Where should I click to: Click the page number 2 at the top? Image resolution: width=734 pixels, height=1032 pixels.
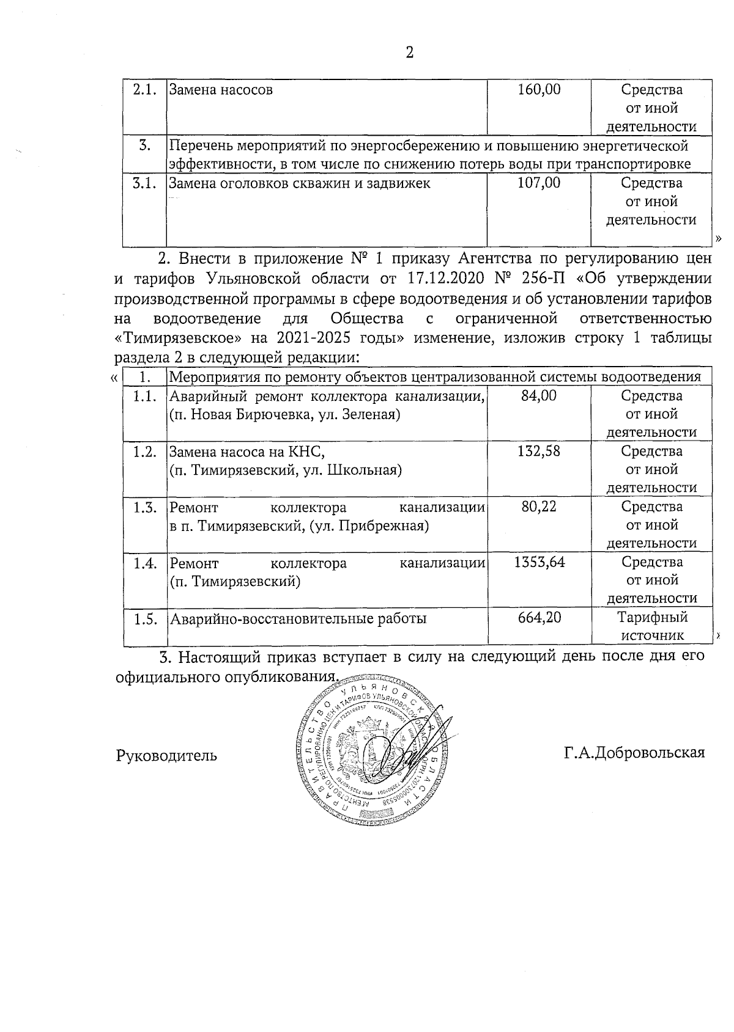(x=410, y=53)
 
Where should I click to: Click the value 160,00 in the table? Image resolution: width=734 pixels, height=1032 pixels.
(x=539, y=90)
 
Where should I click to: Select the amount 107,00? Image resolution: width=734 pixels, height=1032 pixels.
(x=539, y=183)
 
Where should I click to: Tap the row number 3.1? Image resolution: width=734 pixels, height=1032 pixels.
(x=145, y=183)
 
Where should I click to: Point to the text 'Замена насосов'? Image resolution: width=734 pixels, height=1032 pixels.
(x=221, y=90)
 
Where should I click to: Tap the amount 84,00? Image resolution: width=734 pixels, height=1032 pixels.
(x=539, y=396)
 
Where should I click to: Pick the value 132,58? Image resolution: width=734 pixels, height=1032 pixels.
(x=539, y=452)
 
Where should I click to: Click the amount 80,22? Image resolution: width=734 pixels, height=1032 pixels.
(x=539, y=507)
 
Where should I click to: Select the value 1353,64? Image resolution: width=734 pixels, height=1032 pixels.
(x=539, y=562)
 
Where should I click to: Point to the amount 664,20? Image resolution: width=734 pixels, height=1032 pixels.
(x=539, y=618)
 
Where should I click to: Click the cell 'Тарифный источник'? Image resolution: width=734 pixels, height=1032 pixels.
(x=652, y=626)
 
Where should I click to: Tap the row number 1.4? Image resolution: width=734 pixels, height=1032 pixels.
(x=145, y=563)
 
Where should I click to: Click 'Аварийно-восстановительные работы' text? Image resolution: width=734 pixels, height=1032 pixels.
(x=298, y=618)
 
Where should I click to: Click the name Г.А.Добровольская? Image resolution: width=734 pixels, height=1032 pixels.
(x=634, y=753)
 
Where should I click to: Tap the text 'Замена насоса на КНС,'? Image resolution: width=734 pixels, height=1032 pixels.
(x=246, y=452)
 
